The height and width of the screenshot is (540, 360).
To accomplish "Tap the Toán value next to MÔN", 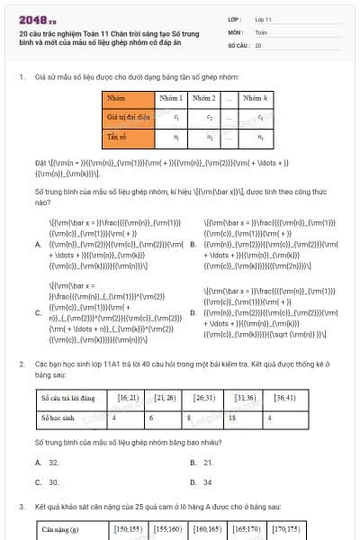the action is [261, 31].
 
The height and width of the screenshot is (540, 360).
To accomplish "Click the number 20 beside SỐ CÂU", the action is [258, 44].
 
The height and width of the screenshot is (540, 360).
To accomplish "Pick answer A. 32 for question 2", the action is [53, 462].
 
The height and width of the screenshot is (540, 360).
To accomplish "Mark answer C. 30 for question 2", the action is [53, 481].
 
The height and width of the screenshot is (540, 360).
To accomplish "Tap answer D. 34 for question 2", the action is [208, 481].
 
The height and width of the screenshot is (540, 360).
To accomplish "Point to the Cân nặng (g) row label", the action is [63, 530].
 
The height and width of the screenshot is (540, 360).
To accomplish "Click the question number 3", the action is [22, 508].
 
